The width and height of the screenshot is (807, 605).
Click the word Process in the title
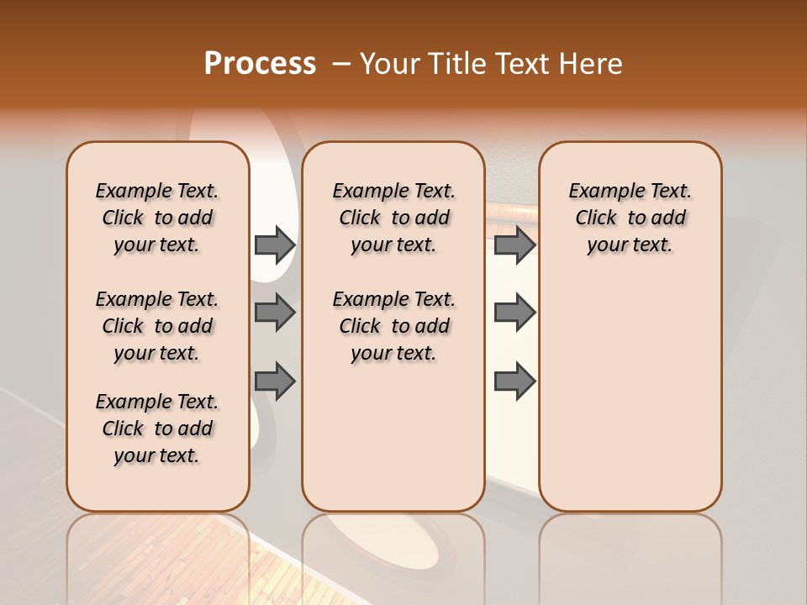260,64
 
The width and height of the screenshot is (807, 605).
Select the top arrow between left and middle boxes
275,245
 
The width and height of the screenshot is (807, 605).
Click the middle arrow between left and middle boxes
275,313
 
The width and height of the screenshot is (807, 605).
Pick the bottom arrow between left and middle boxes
275,381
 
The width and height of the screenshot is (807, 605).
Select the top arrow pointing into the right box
514,245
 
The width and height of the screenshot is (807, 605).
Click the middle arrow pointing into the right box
514,313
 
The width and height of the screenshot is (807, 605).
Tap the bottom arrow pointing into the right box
514,381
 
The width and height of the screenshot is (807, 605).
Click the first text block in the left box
157,218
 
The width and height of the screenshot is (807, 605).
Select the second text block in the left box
157,326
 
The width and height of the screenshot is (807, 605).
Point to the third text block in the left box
157,429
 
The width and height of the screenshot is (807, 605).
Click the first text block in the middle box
393,218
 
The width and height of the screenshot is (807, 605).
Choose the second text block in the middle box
393,326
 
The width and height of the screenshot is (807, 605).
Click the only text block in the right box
630,218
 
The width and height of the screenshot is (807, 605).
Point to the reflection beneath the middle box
393,555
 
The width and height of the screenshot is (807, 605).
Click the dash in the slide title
341,64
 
